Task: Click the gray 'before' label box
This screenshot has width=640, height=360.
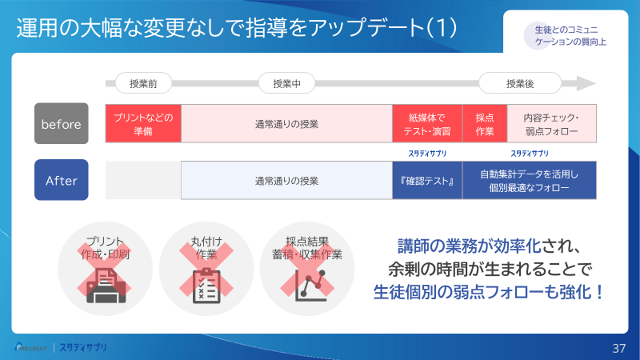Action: [x=62, y=124]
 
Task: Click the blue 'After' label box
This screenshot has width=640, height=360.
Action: [x=62, y=180]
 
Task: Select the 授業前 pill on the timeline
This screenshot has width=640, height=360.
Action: [x=144, y=83]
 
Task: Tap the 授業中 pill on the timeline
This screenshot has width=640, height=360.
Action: [x=286, y=83]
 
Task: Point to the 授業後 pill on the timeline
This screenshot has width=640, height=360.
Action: [x=520, y=83]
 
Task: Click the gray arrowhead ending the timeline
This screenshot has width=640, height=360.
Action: [x=586, y=84]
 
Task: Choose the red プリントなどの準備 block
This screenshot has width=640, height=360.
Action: [x=144, y=124]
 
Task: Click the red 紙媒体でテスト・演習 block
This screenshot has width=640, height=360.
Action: [x=427, y=124]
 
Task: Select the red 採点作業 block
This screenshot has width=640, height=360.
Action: [x=485, y=124]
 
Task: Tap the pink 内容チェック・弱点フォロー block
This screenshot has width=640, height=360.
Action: [x=552, y=124]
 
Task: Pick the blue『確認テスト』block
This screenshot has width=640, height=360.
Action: [x=427, y=180]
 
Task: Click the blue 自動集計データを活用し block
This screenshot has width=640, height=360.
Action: [x=530, y=180]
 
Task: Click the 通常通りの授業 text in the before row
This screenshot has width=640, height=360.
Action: [x=286, y=124]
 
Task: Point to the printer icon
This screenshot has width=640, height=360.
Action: [x=106, y=286]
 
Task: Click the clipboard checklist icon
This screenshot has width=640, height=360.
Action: [x=206, y=286]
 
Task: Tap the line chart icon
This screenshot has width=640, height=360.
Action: [x=311, y=286]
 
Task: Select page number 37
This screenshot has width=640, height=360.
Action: [x=619, y=348]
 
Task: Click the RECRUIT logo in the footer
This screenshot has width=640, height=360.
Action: [x=31, y=348]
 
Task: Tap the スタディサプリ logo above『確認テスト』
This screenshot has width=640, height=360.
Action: [x=427, y=154]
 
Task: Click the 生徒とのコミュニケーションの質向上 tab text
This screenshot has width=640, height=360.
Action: [x=570, y=36]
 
